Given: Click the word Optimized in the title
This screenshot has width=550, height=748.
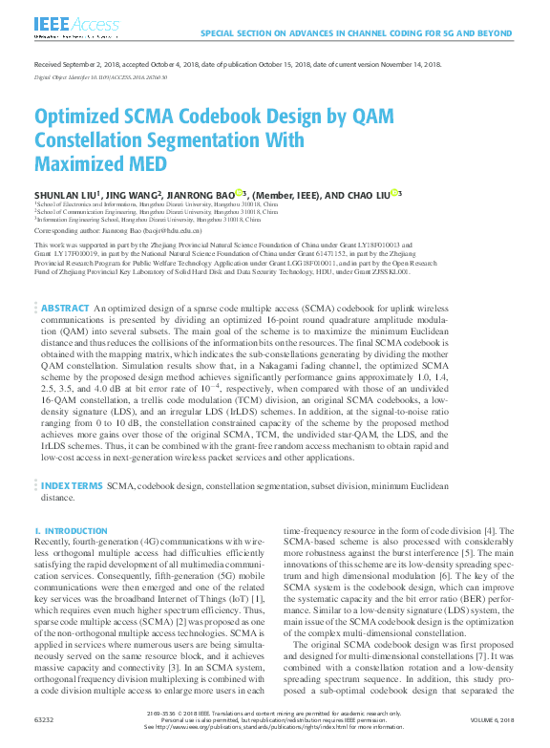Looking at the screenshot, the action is coord(83,118).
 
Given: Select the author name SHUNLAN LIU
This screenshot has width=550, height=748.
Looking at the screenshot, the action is coord(66,194).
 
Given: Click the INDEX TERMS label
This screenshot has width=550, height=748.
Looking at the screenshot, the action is coord(72,486).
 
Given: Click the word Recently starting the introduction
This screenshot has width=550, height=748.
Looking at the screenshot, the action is coord(53,542).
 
